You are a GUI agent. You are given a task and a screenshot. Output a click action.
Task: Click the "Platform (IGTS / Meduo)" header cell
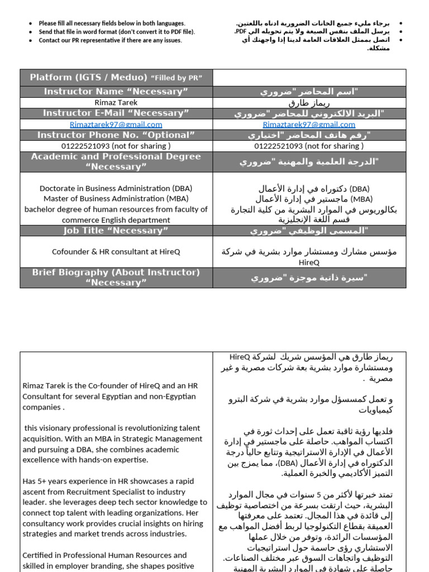point(116,78)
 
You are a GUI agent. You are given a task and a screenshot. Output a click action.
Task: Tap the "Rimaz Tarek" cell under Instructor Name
point(116,103)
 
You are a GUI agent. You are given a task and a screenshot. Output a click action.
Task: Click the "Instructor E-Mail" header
point(116,113)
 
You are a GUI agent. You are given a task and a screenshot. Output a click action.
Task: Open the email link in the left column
point(116,125)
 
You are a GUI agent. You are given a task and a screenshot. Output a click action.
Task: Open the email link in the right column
point(309,125)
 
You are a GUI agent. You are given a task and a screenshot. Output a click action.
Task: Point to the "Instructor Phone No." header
point(116,135)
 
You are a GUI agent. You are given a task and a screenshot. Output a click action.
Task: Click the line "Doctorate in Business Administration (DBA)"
point(116,189)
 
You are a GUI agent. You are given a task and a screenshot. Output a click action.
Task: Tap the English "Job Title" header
point(116,231)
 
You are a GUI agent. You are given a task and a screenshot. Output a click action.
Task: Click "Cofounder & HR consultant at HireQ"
point(116,252)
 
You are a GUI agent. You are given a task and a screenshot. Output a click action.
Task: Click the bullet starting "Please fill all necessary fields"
point(112,23)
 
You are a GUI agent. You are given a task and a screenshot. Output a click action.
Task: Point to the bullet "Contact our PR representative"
point(110,41)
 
